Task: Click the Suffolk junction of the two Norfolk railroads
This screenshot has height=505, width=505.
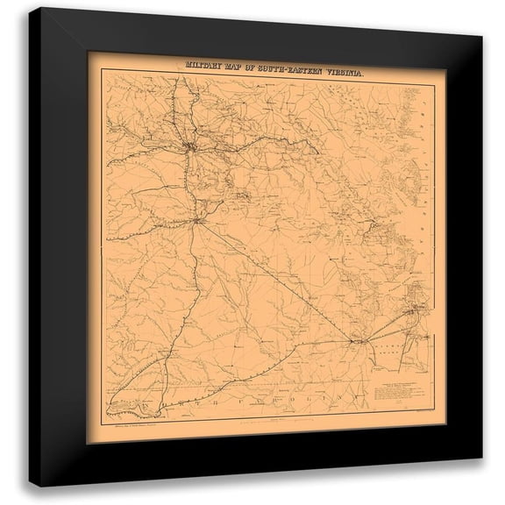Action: pos(357,339)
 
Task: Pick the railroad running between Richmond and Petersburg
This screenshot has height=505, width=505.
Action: pos(191,188)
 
